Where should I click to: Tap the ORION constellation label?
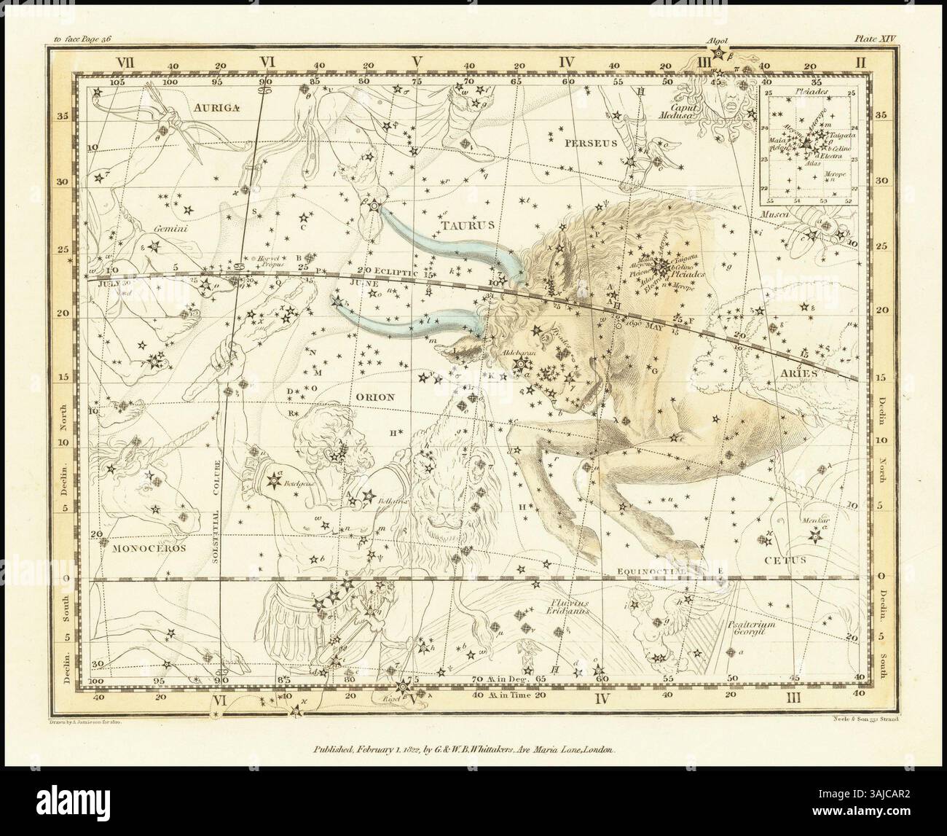pos(375,397)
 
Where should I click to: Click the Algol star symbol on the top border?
pos(720,52)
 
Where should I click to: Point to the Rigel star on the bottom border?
pos(402,686)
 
